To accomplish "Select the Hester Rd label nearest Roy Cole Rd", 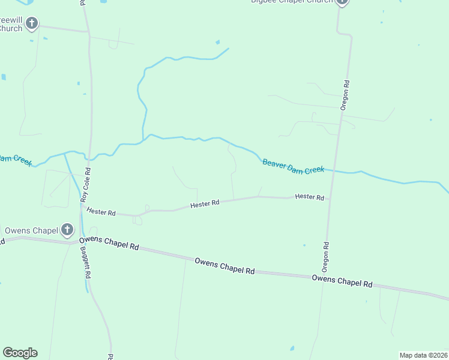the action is coord(101,211).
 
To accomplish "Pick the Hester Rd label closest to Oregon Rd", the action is coord(309,197).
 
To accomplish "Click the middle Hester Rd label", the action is coord(205,204).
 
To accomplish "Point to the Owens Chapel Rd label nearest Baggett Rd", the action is coord(109,243).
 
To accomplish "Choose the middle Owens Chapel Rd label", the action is coord(224,265).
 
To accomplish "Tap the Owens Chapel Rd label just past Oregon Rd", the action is coord(342,280).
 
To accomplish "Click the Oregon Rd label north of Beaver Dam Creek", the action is coord(345,95).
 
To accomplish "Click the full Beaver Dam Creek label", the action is coord(294,166).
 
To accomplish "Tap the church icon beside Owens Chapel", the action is coord(67,229).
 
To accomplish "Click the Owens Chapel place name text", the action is coord(31,230).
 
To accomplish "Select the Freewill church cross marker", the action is coord(32,24).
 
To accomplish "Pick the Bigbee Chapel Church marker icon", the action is coord(342,2).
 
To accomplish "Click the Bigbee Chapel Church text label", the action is coord(292,2).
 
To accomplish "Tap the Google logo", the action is coord(20,353).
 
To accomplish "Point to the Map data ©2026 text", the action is coord(423,355).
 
